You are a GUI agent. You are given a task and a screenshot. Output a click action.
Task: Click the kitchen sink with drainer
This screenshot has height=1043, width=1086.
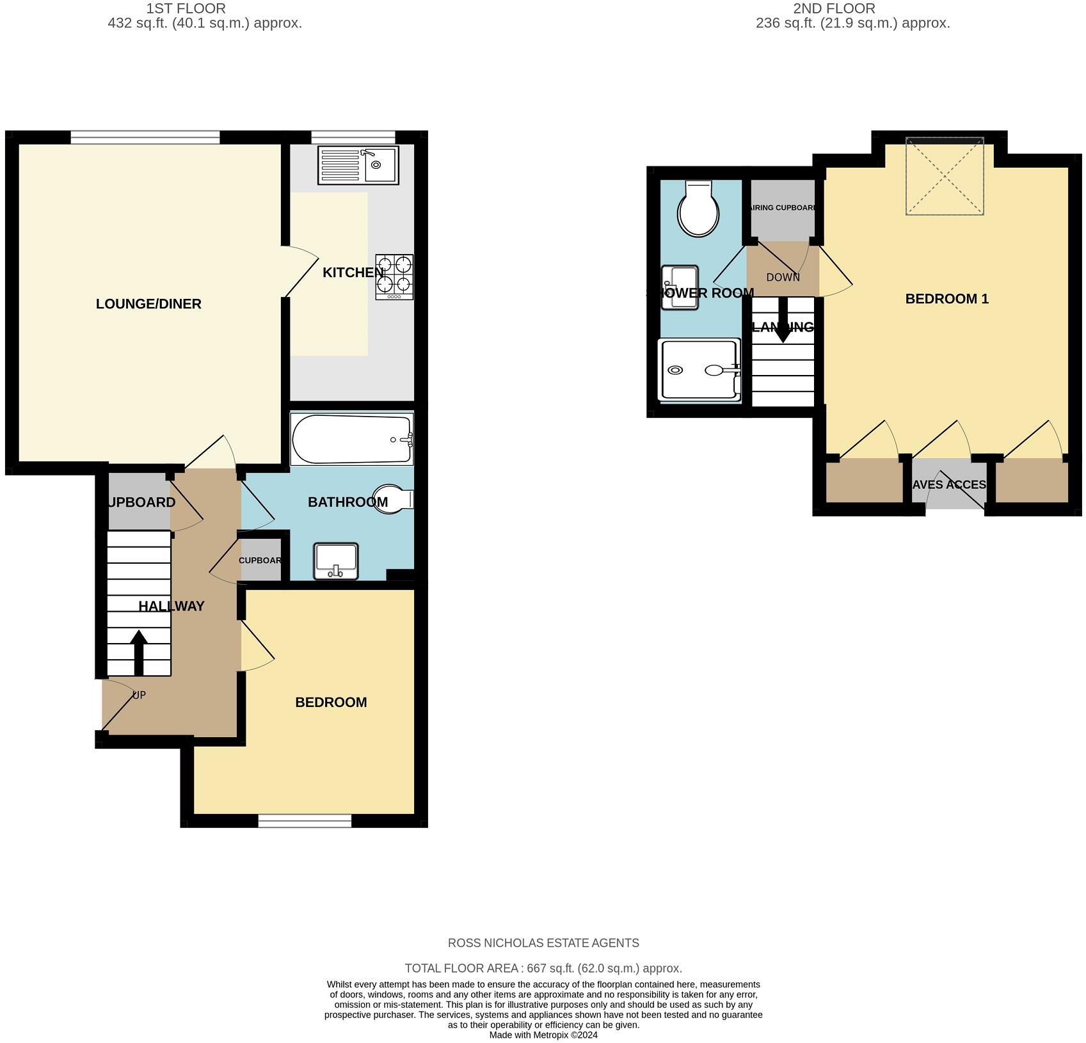pyautogui.click(x=358, y=165)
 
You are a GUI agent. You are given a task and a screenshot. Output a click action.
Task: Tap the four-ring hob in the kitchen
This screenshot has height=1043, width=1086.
pyautogui.click(x=394, y=276)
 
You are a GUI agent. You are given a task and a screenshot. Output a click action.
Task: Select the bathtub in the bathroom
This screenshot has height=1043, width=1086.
pyautogui.click(x=351, y=439)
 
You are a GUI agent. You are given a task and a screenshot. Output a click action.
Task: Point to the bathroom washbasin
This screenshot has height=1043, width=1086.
pyautogui.click(x=336, y=561)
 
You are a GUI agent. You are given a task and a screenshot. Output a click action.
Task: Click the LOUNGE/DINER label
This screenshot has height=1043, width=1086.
pyautogui.click(x=148, y=304)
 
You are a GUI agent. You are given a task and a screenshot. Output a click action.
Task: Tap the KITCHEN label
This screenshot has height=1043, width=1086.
pyautogui.click(x=353, y=273)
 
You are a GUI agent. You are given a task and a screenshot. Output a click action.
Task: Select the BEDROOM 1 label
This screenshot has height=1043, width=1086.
pyautogui.click(x=946, y=299)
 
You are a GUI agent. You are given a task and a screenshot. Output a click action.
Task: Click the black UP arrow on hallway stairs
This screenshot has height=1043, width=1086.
pyautogui.click(x=139, y=653)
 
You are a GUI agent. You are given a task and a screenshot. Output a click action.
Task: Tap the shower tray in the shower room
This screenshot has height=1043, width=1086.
pyautogui.click(x=699, y=370)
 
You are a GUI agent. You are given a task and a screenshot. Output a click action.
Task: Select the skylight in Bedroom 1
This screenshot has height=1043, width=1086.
pyautogui.click(x=945, y=176)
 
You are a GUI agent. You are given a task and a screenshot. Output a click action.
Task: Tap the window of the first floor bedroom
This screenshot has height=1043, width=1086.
pyautogui.click(x=305, y=820)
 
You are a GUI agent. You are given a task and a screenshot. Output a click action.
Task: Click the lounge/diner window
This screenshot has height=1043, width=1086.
pyautogui.click(x=145, y=136)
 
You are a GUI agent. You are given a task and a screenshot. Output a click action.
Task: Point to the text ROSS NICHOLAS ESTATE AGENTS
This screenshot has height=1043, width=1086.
pyautogui.click(x=543, y=943)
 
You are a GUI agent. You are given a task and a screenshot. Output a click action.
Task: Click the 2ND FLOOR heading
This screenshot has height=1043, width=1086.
pyautogui.click(x=834, y=8)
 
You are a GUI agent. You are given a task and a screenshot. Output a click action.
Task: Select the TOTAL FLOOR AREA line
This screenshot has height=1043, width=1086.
pyautogui.click(x=543, y=968)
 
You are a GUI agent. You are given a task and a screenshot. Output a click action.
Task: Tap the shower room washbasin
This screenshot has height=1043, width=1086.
pyautogui.click(x=680, y=287)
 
